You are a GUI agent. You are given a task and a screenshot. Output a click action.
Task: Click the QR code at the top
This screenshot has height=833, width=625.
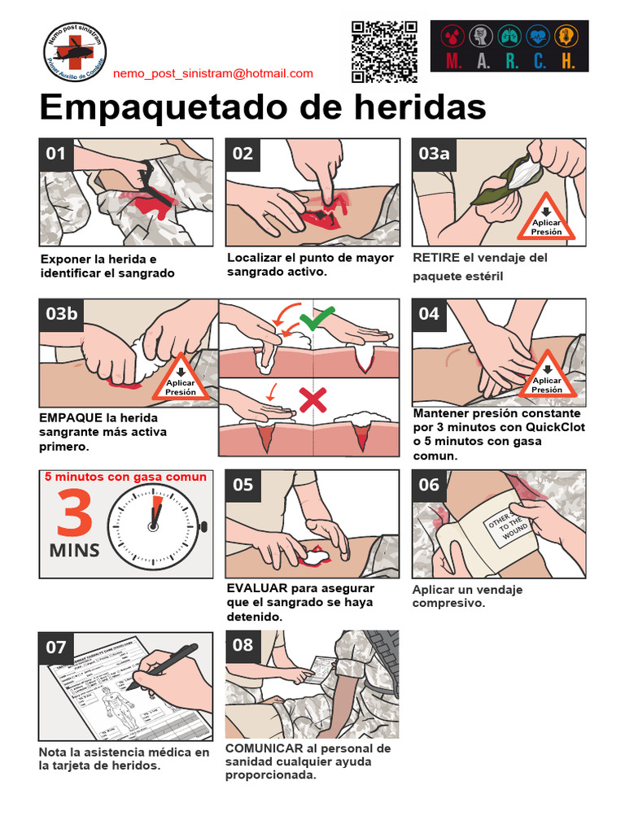(x=385, y=51)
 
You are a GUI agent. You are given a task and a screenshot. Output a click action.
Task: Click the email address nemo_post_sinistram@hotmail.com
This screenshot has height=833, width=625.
(x=212, y=73)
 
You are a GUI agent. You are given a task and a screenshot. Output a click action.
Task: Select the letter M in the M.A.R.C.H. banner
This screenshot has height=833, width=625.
(x=452, y=61)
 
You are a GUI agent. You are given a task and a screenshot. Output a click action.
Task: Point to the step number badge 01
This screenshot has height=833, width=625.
(x=56, y=154)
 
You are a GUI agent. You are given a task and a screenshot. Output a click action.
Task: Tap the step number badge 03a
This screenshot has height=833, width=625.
(x=434, y=154)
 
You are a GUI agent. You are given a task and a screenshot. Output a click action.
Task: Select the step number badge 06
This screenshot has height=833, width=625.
(x=429, y=486)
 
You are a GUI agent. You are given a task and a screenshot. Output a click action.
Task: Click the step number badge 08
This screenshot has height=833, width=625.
(x=243, y=645)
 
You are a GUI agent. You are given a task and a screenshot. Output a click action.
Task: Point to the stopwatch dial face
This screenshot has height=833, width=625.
(x=155, y=526)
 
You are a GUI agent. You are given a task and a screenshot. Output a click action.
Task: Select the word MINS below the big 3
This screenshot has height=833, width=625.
(x=75, y=550)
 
